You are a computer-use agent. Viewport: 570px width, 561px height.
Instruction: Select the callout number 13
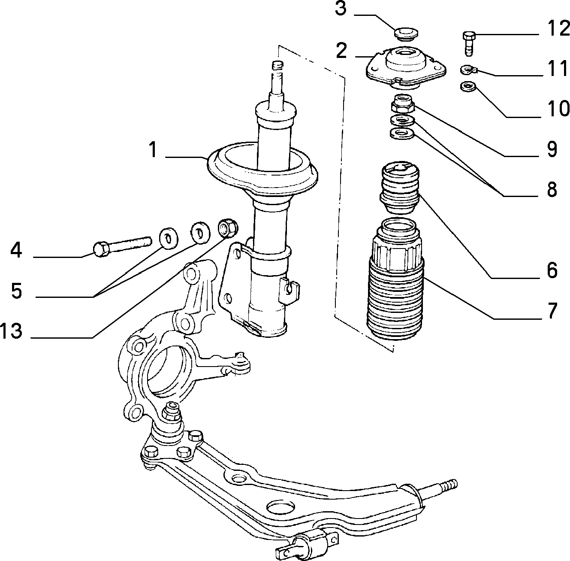click(x=11, y=331)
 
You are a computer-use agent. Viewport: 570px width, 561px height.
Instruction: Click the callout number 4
click(x=16, y=250)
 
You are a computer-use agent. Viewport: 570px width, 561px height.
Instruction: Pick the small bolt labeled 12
click(x=468, y=43)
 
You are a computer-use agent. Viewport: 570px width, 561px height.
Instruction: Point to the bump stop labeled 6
click(x=400, y=187)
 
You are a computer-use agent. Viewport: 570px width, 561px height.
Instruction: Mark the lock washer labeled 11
click(x=468, y=70)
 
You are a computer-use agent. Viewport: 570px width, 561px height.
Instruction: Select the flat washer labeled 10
click(x=468, y=87)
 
